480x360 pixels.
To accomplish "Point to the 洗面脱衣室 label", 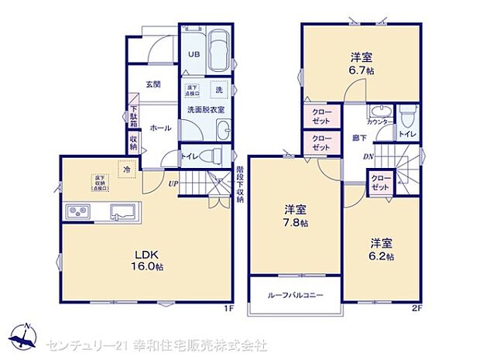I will click(205, 110).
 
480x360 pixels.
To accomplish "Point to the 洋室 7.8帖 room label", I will click(295, 215).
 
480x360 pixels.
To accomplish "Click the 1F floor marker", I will click(228, 308).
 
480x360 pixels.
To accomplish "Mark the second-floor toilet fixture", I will click(407, 116).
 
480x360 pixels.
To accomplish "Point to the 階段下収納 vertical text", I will click(240, 183).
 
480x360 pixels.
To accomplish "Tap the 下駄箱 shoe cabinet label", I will click(133, 117).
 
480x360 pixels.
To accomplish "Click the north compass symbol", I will click(25, 334).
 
